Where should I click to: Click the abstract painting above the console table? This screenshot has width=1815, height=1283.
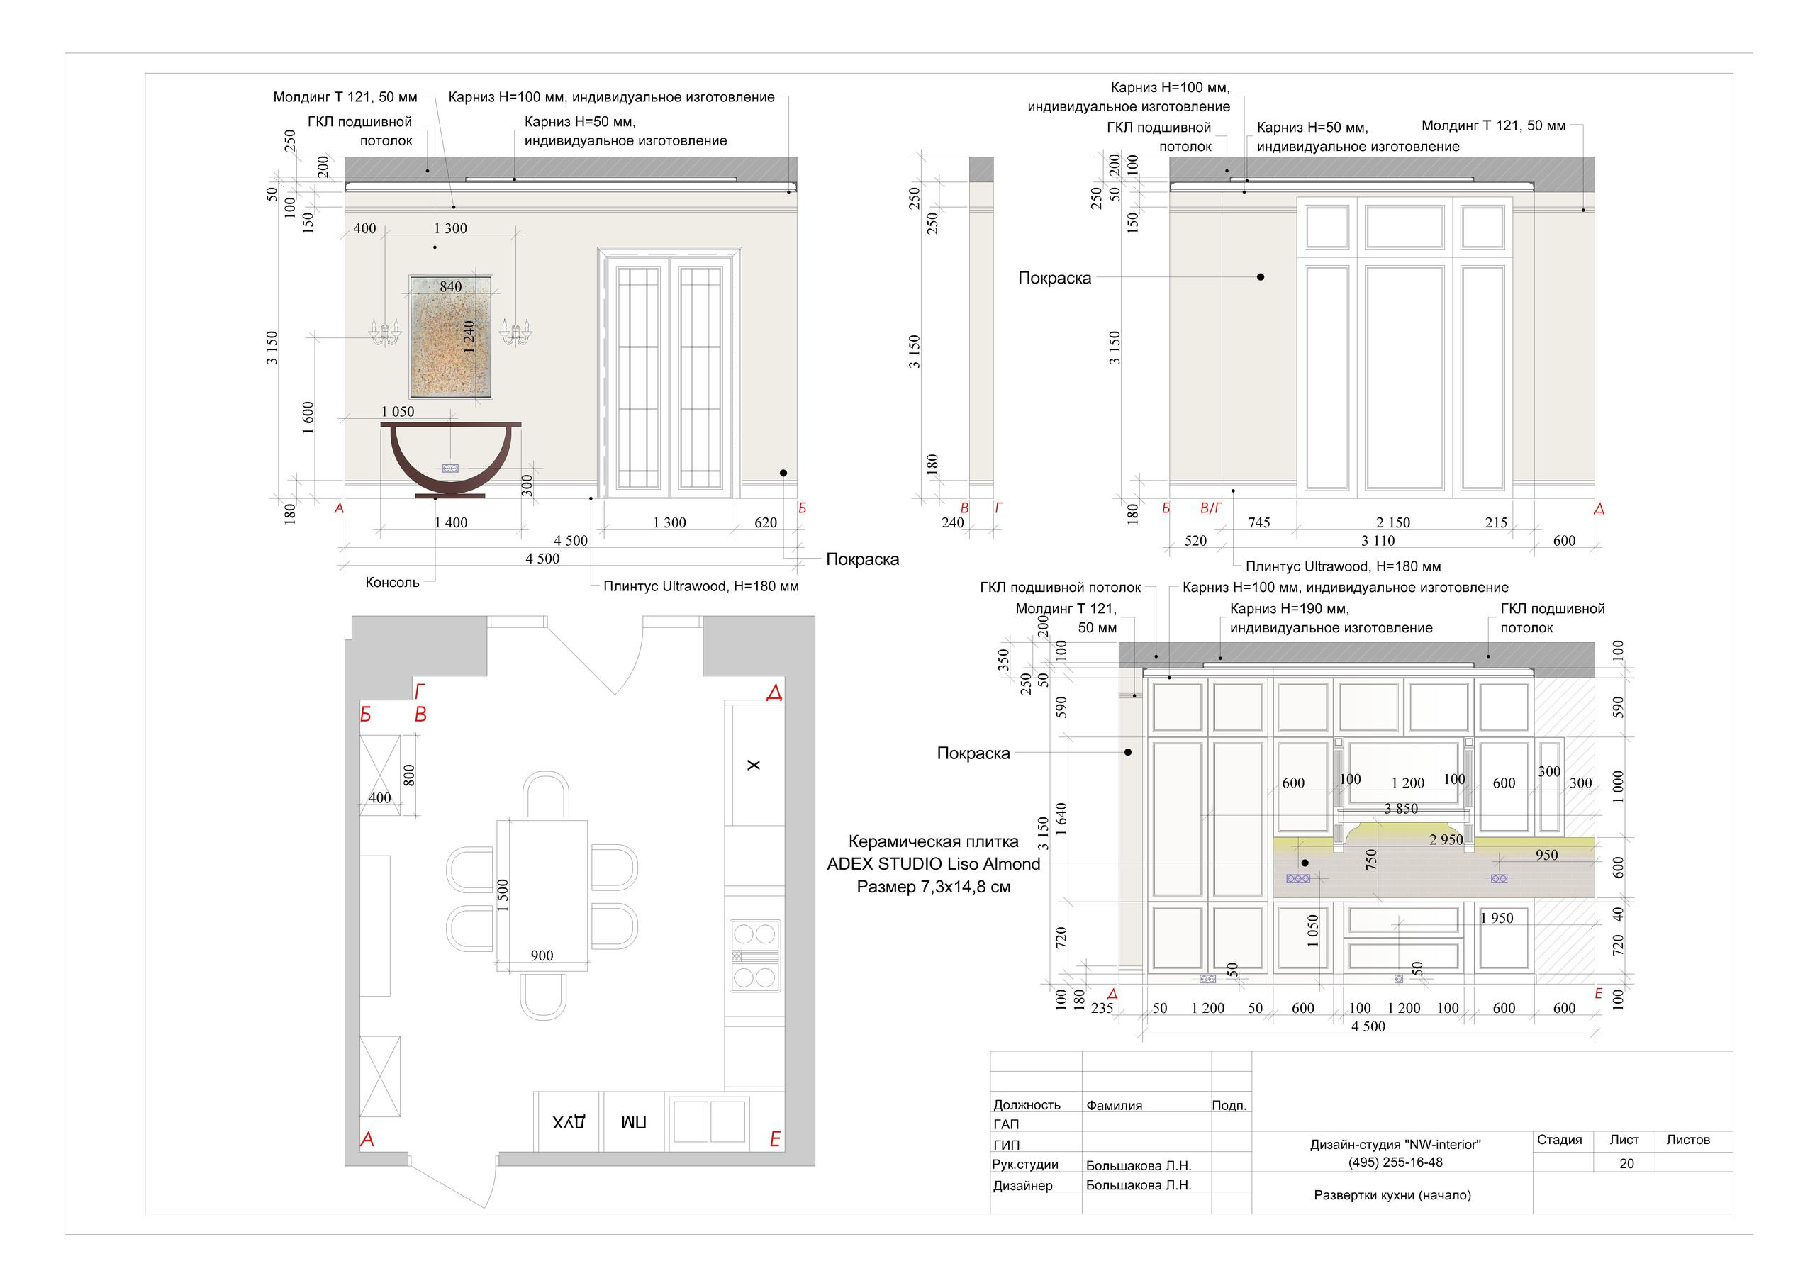(x=451, y=336)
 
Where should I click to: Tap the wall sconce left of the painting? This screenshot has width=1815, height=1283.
(x=385, y=331)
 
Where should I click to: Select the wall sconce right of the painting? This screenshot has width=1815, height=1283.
(x=515, y=331)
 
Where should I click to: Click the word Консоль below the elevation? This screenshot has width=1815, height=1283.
(x=392, y=583)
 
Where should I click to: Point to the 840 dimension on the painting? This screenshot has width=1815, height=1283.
(x=451, y=286)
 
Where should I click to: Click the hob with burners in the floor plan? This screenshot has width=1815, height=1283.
(x=755, y=956)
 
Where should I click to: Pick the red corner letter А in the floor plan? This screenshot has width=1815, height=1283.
(x=367, y=1140)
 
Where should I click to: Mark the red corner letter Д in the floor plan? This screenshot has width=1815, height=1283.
(x=775, y=693)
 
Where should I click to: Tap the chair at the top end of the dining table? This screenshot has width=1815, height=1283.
(x=545, y=795)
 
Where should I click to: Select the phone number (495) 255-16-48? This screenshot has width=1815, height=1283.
(x=1395, y=1162)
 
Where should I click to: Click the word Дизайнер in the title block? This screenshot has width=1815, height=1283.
(x=1023, y=1186)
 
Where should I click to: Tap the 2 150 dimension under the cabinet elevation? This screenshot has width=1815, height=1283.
(x=1393, y=522)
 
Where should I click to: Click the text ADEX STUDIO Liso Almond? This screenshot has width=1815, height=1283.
(x=934, y=864)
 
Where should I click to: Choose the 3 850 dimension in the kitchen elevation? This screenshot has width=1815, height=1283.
(x=1401, y=809)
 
